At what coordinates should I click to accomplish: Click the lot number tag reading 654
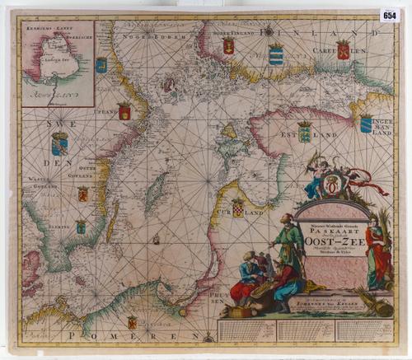point(389,15)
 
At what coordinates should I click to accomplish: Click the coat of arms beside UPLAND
point(124,111)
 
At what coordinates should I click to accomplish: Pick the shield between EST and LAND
point(304,130)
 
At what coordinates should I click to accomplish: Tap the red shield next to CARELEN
point(342,49)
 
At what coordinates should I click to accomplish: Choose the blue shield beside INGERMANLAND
point(366,123)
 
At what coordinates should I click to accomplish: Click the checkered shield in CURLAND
point(237,207)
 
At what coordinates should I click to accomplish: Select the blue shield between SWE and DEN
point(59,144)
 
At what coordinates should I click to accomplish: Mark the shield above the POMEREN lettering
point(132,322)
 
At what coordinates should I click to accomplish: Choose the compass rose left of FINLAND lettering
point(269,30)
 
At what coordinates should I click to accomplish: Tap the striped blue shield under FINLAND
point(275,54)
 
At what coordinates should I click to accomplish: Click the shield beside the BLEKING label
point(81,226)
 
